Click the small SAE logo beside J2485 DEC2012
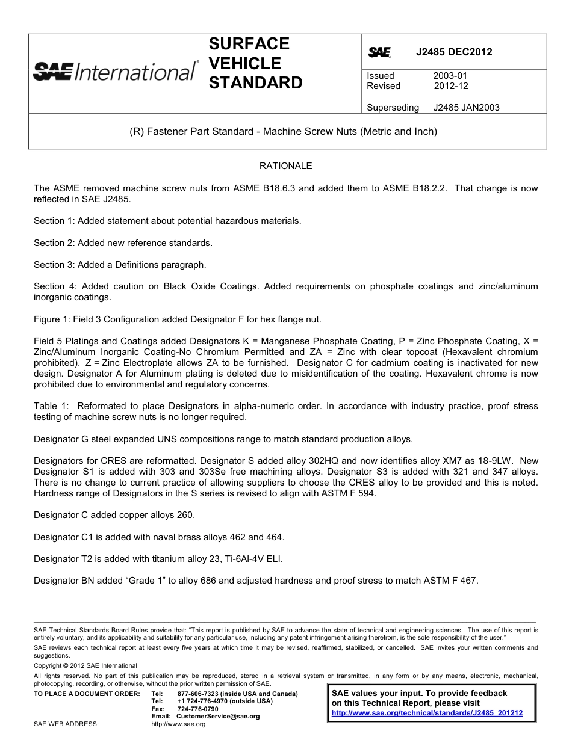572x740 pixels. (379, 52)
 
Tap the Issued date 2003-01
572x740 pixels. (450, 76)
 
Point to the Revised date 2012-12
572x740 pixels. (451, 86)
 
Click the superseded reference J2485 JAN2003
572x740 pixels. (466, 108)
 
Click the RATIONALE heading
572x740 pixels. (285, 166)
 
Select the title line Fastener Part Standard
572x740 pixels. (284, 131)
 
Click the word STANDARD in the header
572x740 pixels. (255, 83)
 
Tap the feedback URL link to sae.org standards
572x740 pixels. (427, 713)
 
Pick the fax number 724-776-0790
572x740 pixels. (197, 709)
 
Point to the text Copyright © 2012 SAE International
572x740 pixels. (85, 665)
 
